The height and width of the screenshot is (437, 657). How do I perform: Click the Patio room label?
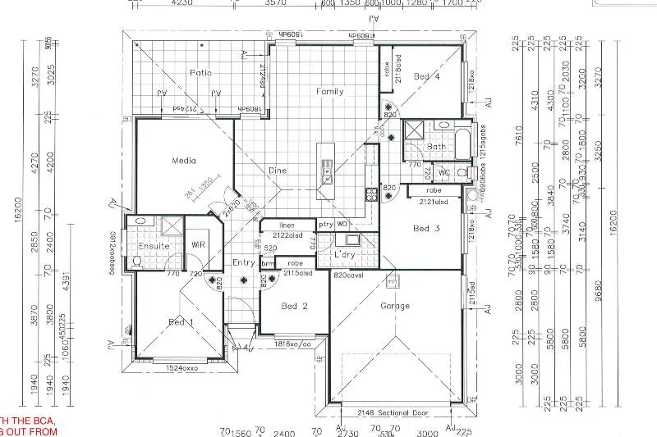pos(201,73)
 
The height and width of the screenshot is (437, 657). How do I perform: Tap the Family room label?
pos(330,92)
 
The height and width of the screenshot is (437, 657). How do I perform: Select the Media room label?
pos(183,161)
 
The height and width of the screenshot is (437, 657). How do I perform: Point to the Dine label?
pos(278,171)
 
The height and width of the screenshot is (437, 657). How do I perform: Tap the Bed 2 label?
pos(294,307)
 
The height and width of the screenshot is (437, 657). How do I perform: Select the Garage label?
pos(395,306)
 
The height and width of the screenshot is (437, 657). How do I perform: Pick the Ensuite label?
pos(154,246)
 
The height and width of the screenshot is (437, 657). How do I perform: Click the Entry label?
pos(244,262)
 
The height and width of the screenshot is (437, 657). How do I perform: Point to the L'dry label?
pos(344,256)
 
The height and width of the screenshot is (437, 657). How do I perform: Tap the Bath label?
pos(436,147)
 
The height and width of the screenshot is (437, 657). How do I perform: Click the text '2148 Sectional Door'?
pos(394,412)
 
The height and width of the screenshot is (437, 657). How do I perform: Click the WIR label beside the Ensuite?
pos(198,244)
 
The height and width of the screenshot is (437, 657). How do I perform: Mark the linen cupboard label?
pos(286,225)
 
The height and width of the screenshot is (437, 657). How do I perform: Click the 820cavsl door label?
pos(349,275)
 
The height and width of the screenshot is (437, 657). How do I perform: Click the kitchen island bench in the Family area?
pos(326,163)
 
